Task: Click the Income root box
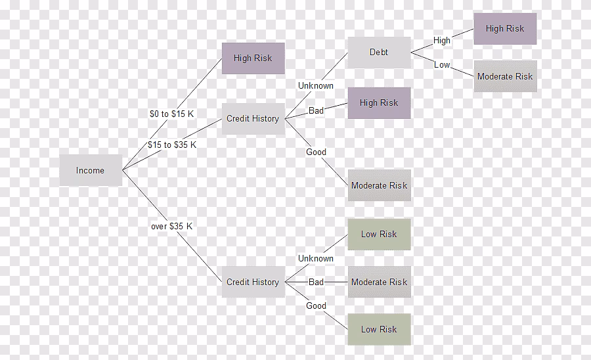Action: (x=91, y=170)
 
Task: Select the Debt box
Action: (x=379, y=52)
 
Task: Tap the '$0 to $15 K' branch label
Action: (x=171, y=114)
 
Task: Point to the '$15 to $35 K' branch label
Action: (x=171, y=145)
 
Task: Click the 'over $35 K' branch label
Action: (x=171, y=226)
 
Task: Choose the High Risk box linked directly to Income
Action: (x=253, y=58)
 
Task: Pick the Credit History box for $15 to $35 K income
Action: (x=253, y=119)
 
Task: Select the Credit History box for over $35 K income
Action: (x=253, y=282)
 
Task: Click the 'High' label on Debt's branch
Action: (x=442, y=40)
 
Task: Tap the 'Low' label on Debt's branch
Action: (x=442, y=64)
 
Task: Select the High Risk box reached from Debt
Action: (x=505, y=28)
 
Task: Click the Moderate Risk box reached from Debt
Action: (x=505, y=76)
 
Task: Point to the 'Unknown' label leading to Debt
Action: (x=316, y=85)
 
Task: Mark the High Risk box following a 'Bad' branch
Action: (x=379, y=102)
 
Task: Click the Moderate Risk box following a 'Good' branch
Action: (x=379, y=185)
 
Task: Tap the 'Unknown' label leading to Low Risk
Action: (x=316, y=258)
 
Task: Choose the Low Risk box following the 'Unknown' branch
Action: (x=379, y=234)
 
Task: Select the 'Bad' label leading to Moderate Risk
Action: (x=316, y=282)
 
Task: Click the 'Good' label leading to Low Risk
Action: (x=316, y=305)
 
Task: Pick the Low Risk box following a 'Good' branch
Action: (x=379, y=329)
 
